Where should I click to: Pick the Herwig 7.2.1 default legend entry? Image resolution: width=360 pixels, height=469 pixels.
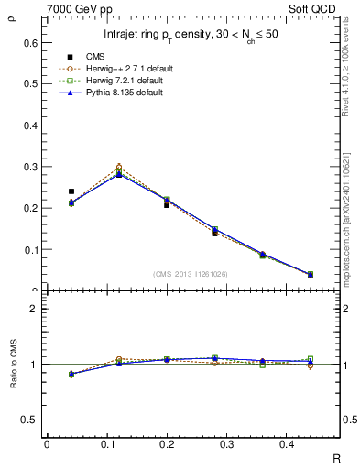point(125,81)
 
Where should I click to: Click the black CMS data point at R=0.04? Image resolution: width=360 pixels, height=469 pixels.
point(71,191)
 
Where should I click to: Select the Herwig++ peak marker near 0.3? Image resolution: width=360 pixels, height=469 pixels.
point(119,168)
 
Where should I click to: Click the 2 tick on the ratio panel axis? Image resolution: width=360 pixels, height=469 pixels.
point(34,309)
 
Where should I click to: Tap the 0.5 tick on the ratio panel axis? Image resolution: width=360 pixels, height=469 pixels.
point(30,420)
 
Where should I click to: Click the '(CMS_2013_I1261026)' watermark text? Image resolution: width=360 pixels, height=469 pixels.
point(191,274)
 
